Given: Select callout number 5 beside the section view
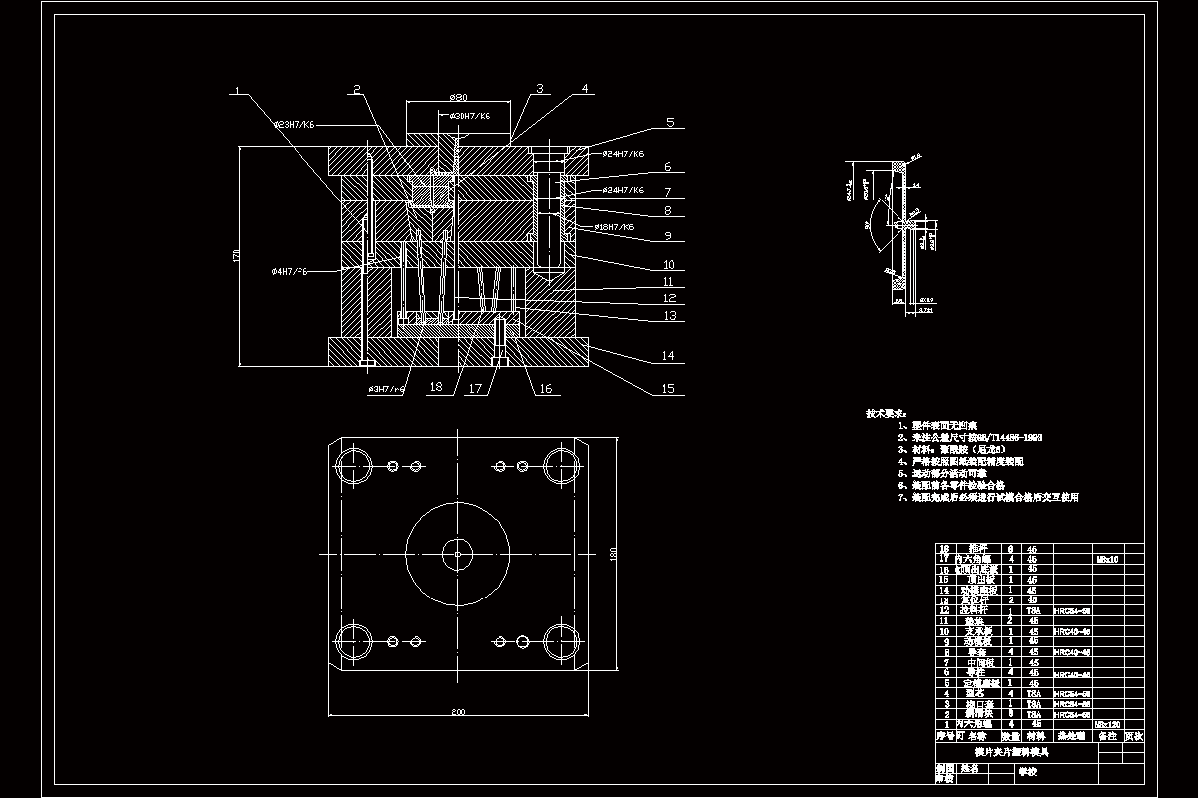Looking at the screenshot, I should (671, 123).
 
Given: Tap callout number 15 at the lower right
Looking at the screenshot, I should (668, 389).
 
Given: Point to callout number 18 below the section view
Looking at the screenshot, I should (435, 386).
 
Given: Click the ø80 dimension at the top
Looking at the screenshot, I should (458, 97).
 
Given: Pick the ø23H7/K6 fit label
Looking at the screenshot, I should (295, 125).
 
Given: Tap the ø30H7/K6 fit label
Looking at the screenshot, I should (470, 116).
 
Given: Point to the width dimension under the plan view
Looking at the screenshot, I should (458, 713).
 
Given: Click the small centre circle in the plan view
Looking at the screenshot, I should (457, 552).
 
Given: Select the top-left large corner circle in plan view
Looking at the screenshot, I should (352, 465).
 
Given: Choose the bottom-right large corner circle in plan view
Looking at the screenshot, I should (560, 638).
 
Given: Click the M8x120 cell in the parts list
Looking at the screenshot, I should (1107, 724).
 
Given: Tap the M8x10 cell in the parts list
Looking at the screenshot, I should (1107, 559).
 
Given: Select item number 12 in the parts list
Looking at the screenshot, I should (945, 609).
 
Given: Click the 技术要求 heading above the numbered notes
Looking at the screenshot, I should (886, 412).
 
